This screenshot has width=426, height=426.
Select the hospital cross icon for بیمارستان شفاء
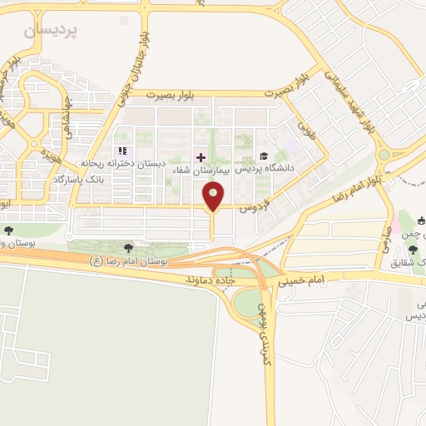(x=200, y=156)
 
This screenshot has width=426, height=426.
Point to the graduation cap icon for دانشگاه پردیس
(x=264, y=156)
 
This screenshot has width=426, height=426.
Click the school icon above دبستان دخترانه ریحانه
(x=121, y=151)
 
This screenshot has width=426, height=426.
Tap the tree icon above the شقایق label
(x=414, y=250)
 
